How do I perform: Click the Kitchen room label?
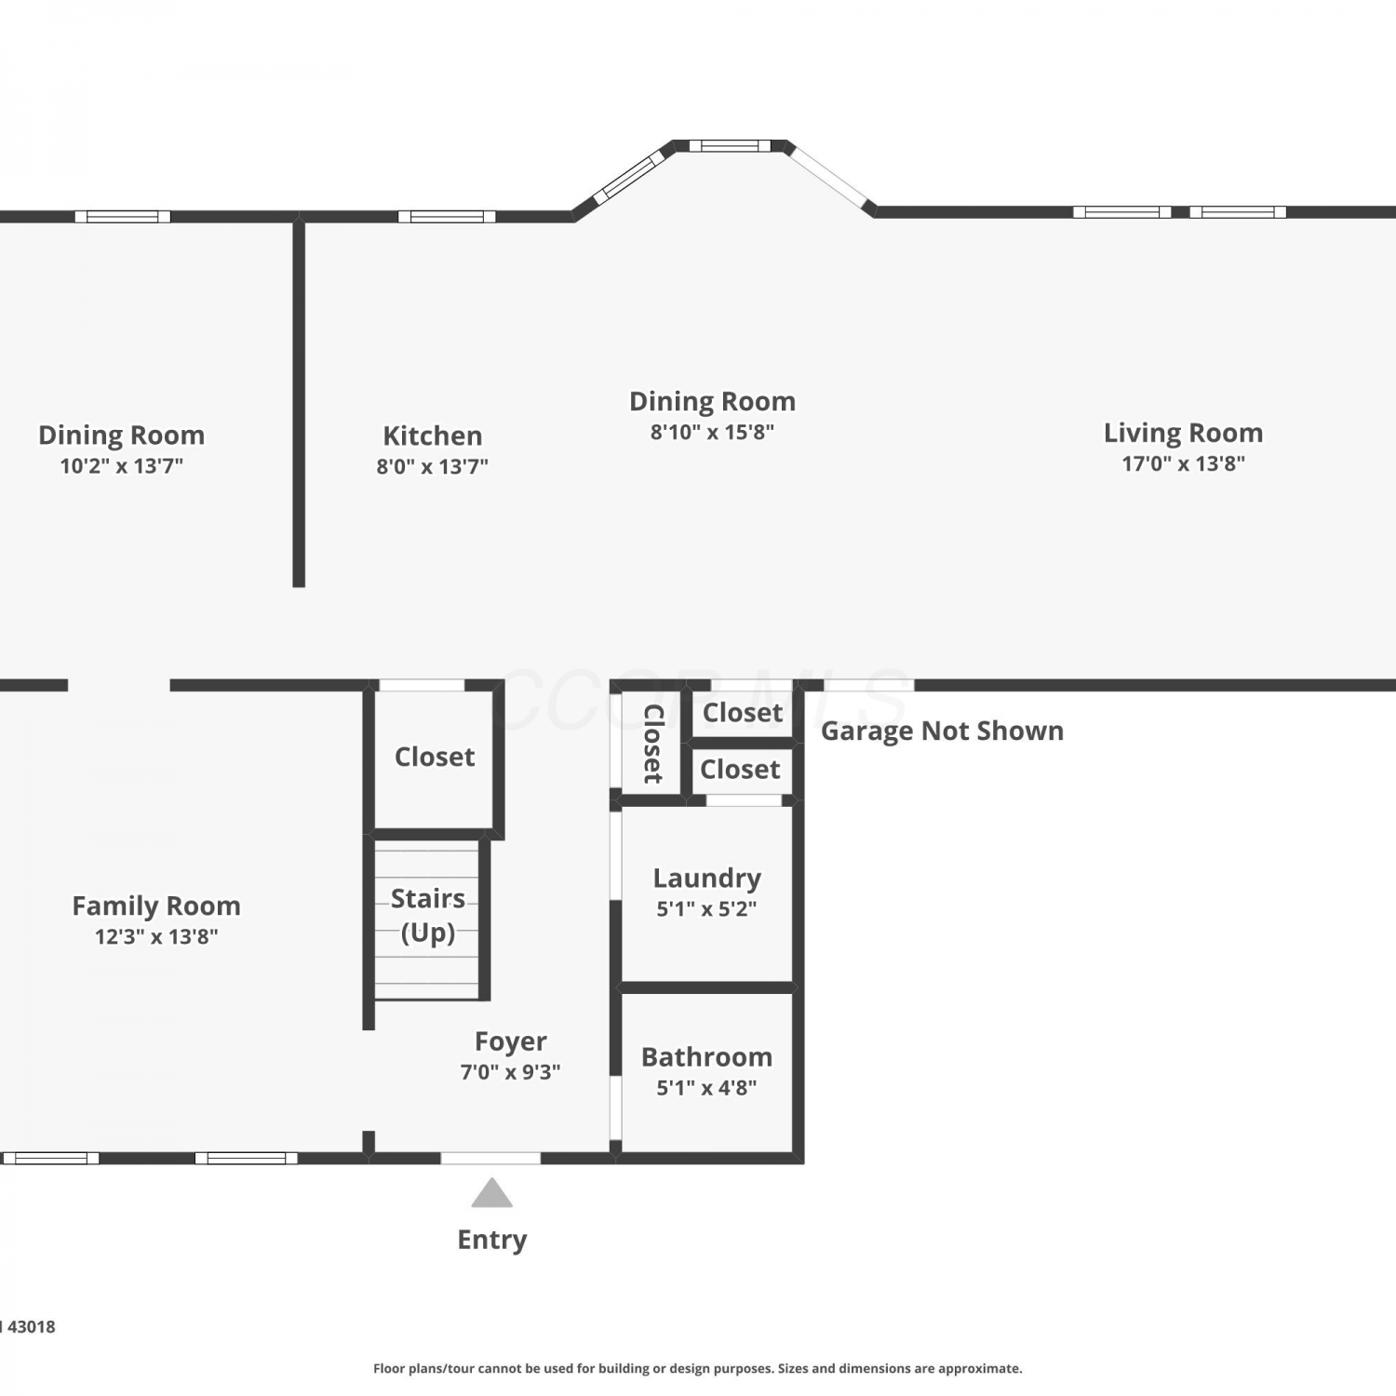(433, 436)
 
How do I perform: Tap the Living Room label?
(1183, 433)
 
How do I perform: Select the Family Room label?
(156, 906)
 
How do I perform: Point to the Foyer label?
(510, 1041)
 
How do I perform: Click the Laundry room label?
(707, 879)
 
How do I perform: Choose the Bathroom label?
(707, 1057)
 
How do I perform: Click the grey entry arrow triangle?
(491, 1193)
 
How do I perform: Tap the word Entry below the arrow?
(492, 1240)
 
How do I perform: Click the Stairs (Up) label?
(428, 916)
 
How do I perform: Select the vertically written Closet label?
(652, 744)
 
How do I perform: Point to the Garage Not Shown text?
(942, 731)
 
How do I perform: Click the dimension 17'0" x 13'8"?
(1183, 463)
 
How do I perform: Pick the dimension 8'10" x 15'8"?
(712, 432)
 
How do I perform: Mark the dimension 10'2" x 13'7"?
(122, 466)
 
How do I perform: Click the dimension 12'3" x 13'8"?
(156, 936)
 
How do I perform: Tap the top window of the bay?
(730, 145)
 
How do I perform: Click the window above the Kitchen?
(447, 217)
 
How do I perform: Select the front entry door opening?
(490, 1158)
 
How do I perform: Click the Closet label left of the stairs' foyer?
(435, 757)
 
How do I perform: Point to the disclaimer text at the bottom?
(698, 1368)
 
